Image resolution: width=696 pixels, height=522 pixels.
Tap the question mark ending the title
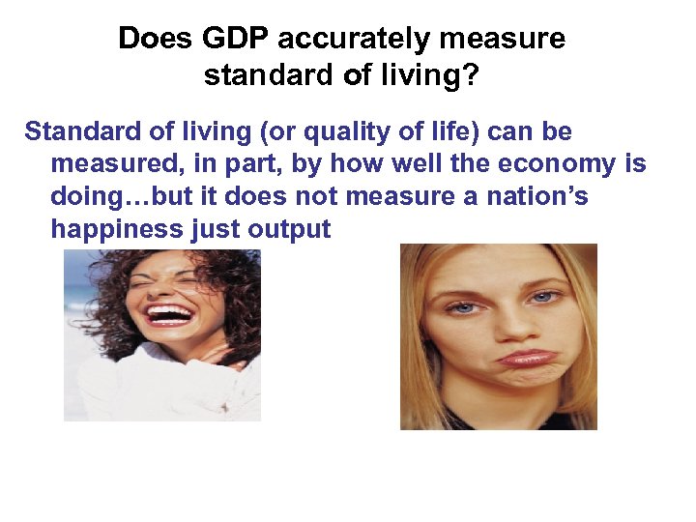click(471, 75)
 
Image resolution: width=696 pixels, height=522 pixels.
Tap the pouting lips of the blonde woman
click(525, 357)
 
